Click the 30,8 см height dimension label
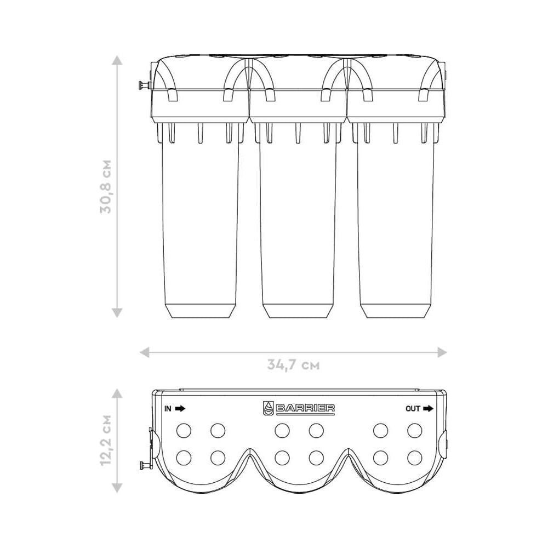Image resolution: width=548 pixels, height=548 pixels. [106, 186]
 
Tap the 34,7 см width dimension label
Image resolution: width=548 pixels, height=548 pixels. [293, 365]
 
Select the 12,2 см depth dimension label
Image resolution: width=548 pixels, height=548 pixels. [106, 440]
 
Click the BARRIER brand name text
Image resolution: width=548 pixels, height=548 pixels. [305, 408]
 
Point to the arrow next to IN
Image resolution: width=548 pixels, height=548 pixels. [180, 408]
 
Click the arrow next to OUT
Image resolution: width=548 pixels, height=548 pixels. [428, 408]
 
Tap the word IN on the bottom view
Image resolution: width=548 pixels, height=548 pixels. [168, 408]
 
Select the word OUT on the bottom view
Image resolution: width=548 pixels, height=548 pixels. [413, 408]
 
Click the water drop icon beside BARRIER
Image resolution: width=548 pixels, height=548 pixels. [268, 408]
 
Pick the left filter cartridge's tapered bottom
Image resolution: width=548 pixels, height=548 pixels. [200, 310]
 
